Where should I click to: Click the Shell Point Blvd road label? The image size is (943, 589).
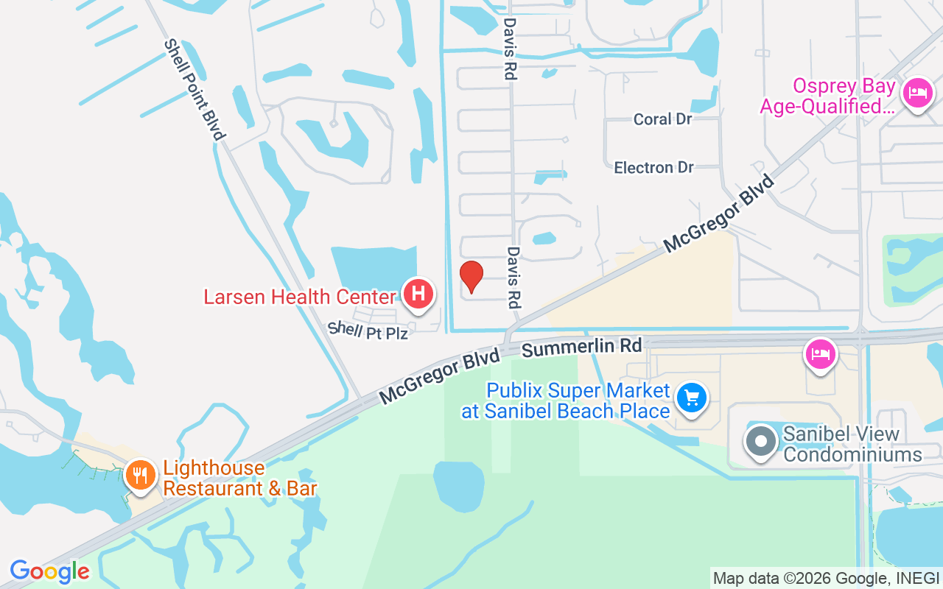click(x=194, y=90)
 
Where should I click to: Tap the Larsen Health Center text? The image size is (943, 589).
click(x=300, y=297)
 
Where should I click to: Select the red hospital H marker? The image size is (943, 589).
click(x=418, y=294)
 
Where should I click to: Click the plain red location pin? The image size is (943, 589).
click(x=471, y=276)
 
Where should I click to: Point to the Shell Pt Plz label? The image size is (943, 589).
click(x=368, y=331)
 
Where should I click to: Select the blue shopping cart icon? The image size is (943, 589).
click(x=692, y=398)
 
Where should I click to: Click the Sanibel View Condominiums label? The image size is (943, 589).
click(x=852, y=444)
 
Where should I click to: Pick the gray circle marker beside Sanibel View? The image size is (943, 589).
click(x=761, y=442)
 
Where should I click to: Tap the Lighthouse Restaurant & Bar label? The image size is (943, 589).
click(x=240, y=478)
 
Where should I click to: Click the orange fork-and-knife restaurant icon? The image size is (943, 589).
click(x=139, y=473)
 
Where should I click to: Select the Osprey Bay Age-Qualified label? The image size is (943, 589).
click(x=828, y=96)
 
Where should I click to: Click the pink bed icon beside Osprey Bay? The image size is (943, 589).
click(x=917, y=94)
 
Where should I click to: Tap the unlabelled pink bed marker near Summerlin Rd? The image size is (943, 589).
click(x=821, y=353)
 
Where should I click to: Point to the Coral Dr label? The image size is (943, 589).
click(x=662, y=119)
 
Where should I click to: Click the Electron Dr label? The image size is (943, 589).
click(x=654, y=168)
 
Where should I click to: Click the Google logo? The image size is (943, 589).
click(x=49, y=571)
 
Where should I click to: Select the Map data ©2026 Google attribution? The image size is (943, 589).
click(x=825, y=579)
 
